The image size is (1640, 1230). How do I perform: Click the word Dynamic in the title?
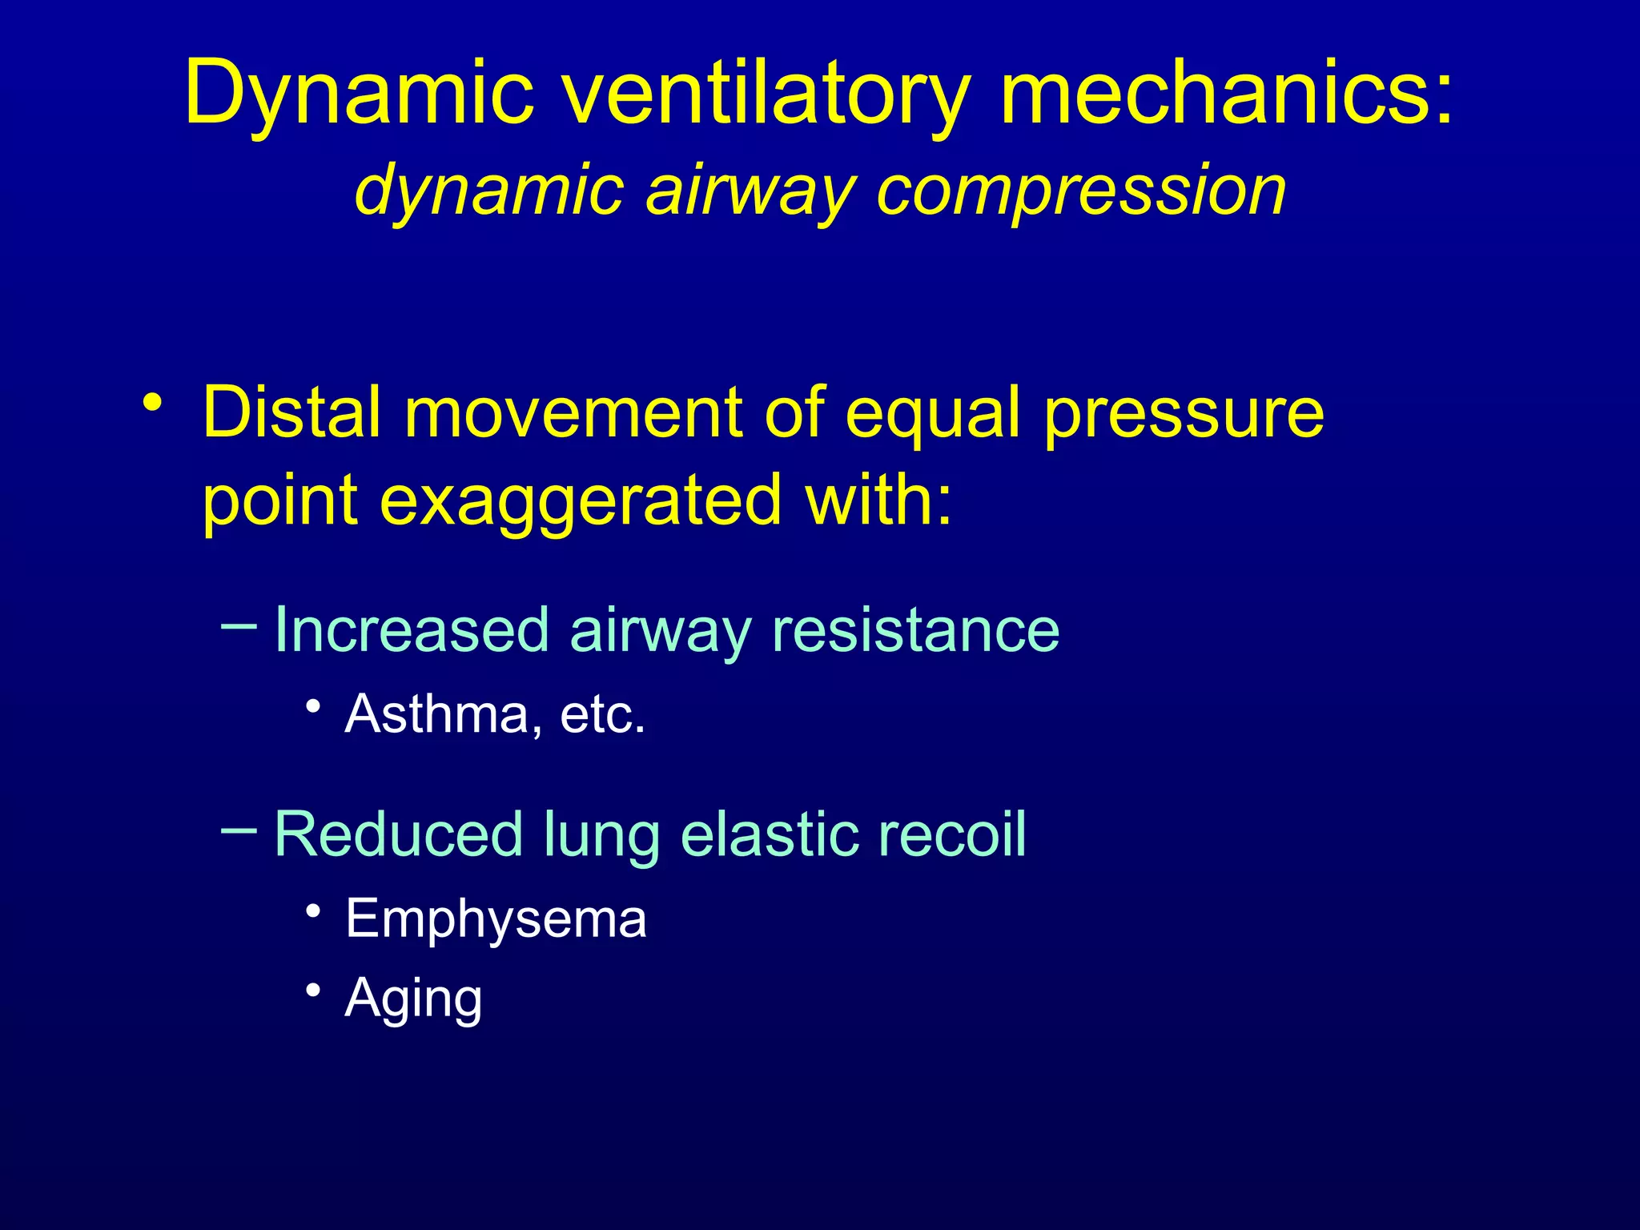coord(359,94)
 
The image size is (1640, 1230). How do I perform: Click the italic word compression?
coord(1081,191)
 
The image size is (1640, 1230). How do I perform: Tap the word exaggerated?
coord(580,500)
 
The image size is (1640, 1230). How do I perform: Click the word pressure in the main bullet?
coord(1184,413)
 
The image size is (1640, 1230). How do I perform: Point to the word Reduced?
coord(398,834)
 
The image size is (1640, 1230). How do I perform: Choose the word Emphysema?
coord(496,918)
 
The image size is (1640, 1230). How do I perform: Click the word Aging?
coord(413,999)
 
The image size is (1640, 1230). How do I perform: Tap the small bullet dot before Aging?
coord(313,990)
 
